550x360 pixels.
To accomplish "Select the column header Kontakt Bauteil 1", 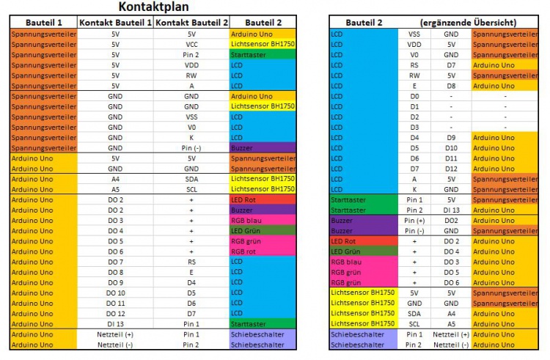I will click(115, 23).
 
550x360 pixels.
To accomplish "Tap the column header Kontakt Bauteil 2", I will click(191, 23).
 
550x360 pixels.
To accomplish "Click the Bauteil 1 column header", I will click(40, 23).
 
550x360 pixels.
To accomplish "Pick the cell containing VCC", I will click(191, 44).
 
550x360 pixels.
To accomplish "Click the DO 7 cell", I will click(115, 262).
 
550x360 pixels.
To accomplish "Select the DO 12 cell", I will click(115, 313).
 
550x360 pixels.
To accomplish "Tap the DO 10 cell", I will click(115, 293).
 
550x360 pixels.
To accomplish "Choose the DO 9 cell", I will click(115, 282).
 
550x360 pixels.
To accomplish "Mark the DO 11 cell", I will click(115, 303).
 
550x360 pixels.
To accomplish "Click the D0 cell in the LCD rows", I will click(414, 96).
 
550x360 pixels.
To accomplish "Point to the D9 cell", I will click(451, 137).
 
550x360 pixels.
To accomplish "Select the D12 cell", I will click(451, 168).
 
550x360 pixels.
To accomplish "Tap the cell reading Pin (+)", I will click(414, 220).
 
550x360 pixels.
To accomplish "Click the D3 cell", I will click(414, 127).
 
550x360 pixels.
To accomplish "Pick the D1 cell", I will click(414, 106).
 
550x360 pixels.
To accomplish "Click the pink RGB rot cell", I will click(262, 251).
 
